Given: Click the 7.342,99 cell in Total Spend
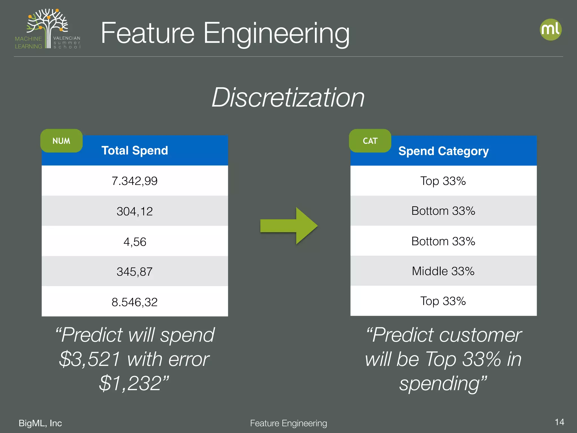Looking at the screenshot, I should point(135,181).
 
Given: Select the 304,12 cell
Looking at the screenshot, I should point(135,211).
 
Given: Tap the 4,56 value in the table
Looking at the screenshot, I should point(135,242).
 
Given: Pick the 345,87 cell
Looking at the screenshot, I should point(135,272).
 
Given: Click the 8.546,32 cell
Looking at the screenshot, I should point(135,302).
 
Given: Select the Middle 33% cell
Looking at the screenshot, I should point(443,271).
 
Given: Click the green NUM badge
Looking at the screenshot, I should point(61,141).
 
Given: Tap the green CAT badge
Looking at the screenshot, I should point(370,141).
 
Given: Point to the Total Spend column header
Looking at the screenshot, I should point(135,151).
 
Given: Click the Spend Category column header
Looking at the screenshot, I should point(443,151).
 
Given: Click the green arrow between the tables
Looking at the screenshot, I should point(289,226).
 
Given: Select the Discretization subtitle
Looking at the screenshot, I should point(288,97).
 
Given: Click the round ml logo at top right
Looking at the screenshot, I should point(551,29).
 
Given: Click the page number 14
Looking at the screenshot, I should point(559,422).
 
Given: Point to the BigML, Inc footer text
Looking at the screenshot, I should point(40,423).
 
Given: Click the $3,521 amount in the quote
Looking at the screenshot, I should point(90,359).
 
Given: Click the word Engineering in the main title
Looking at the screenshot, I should point(276,33).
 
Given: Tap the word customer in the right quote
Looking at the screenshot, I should point(480,335).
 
